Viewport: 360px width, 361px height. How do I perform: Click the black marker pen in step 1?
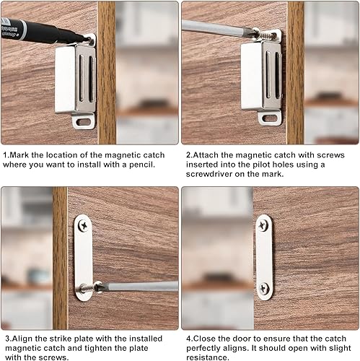[41, 31]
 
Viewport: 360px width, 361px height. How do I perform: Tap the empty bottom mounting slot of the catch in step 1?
[83, 122]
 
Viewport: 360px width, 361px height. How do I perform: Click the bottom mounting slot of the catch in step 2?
[270, 118]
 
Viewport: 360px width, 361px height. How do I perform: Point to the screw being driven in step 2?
[268, 35]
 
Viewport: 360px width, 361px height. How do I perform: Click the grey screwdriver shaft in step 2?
[216, 28]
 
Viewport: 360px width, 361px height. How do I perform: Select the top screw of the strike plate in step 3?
[83, 225]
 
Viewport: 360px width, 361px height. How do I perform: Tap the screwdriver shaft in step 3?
[139, 287]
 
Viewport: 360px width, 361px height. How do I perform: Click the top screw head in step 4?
[263, 225]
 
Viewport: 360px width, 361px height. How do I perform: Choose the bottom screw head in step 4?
[264, 288]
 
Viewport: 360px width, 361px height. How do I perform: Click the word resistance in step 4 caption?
[208, 357]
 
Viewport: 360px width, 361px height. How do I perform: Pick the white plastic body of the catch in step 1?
[64, 80]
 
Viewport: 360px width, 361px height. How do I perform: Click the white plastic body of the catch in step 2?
[251, 77]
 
